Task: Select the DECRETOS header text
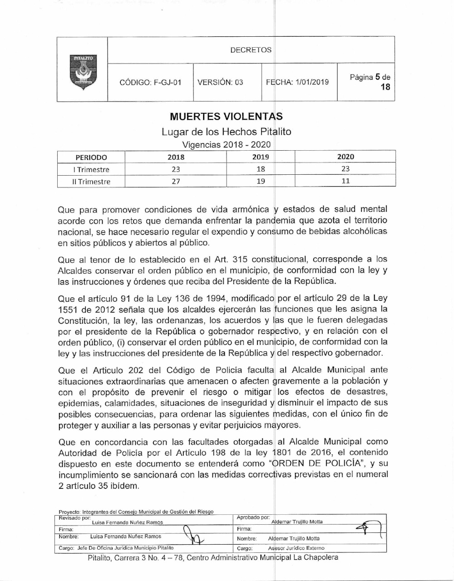(x=251, y=50)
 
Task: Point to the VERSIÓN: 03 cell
(x=220, y=83)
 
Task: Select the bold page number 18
(x=385, y=87)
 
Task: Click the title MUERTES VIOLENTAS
(x=226, y=117)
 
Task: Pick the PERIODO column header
(x=91, y=158)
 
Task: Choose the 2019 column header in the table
(x=261, y=157)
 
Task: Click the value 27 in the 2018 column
(x=176, y=181)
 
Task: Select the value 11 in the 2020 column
(x=345, y=181)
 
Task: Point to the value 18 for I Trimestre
(x=261, y=169)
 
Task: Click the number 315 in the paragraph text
(x=239, y=260)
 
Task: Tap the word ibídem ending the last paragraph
(x=123, y=486)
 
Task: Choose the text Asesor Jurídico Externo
(x=296, y=548)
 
